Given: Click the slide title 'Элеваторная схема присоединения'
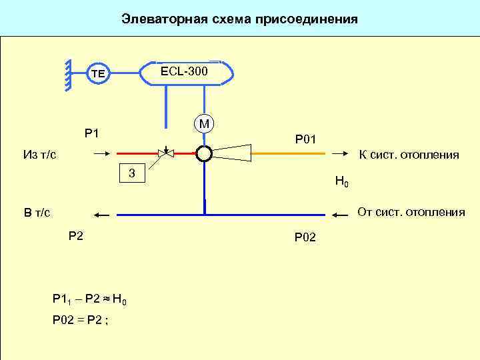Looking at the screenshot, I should (239, 19).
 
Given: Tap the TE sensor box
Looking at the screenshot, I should (98, 73).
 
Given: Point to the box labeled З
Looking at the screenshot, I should (132, 173).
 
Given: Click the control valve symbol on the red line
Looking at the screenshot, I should (164, 153).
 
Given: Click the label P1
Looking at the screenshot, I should (92, 133).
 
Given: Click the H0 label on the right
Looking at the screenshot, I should (341, 181).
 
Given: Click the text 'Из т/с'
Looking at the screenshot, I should (39, 155).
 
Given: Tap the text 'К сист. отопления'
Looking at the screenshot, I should (409, 155).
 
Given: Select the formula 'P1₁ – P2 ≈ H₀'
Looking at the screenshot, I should (89, 299).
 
